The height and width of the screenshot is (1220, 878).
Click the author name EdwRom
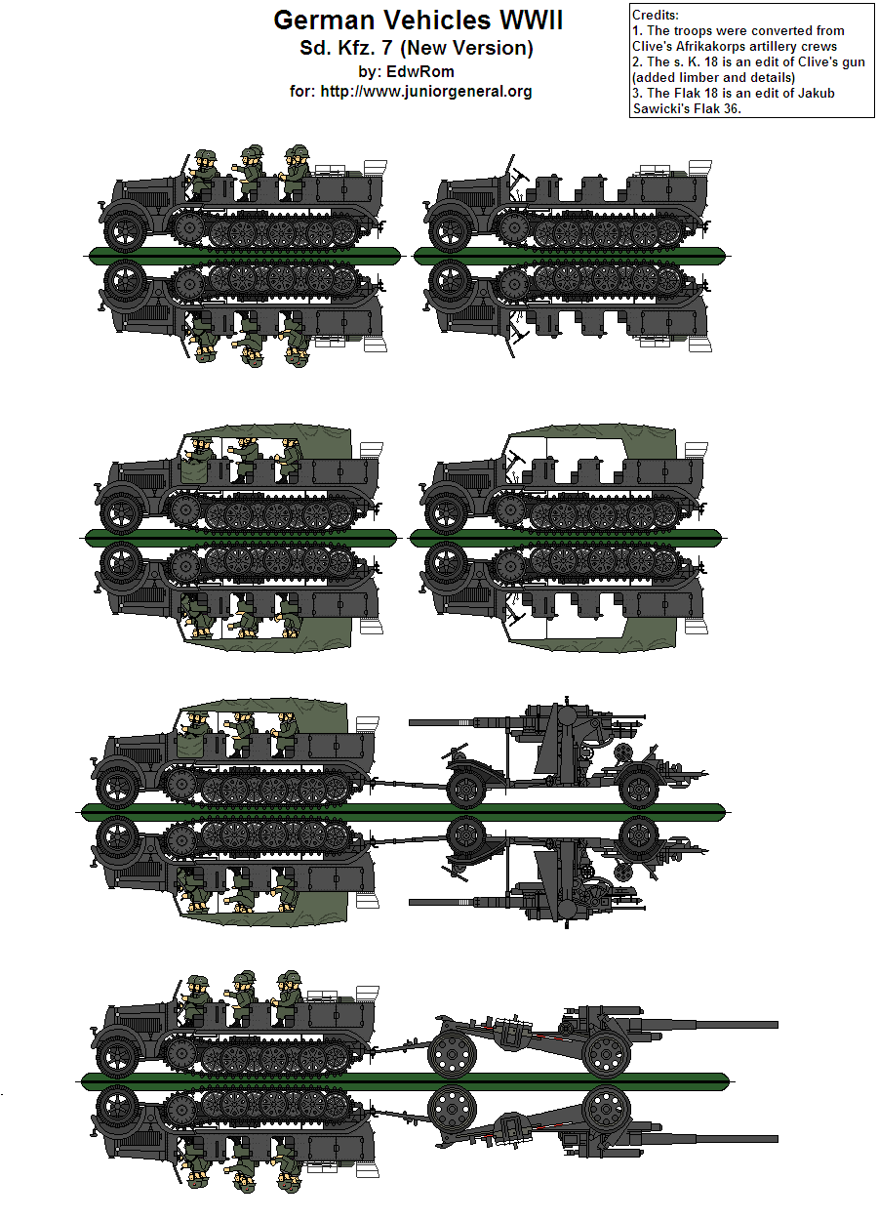419,71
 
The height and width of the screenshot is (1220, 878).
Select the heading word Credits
655,16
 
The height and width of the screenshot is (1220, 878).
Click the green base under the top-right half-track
571,256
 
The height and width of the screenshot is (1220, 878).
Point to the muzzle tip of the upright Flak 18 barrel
413,723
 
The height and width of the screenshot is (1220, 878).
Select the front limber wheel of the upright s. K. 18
452,1055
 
